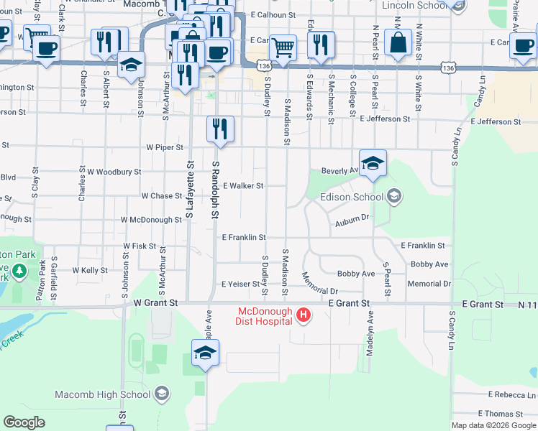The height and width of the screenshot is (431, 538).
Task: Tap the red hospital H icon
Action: pyautogui.click(x=304, y=315)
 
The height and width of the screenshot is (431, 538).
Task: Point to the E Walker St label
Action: pyautogui.click(x=243, y=185)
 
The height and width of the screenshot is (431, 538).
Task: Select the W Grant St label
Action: pyautogui.click(x=155, y=304)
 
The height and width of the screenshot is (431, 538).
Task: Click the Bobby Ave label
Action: pyautogui.click(x=356, y=274)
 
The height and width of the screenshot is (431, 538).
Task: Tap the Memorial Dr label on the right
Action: pyautogui.click(x=429, y=284)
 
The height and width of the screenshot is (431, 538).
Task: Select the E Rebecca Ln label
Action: pyautogui.click(x=511, y=395)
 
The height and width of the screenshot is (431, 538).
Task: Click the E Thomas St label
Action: pyautogui.click(x=501, y=414)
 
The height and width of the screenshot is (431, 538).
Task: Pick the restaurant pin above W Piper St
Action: pyautogui.click(x=219, y=129)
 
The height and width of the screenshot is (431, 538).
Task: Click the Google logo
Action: pyautogui.click(x=24, y=422)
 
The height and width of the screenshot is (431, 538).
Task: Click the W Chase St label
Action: pyautogui.click(x=162, y=196)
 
